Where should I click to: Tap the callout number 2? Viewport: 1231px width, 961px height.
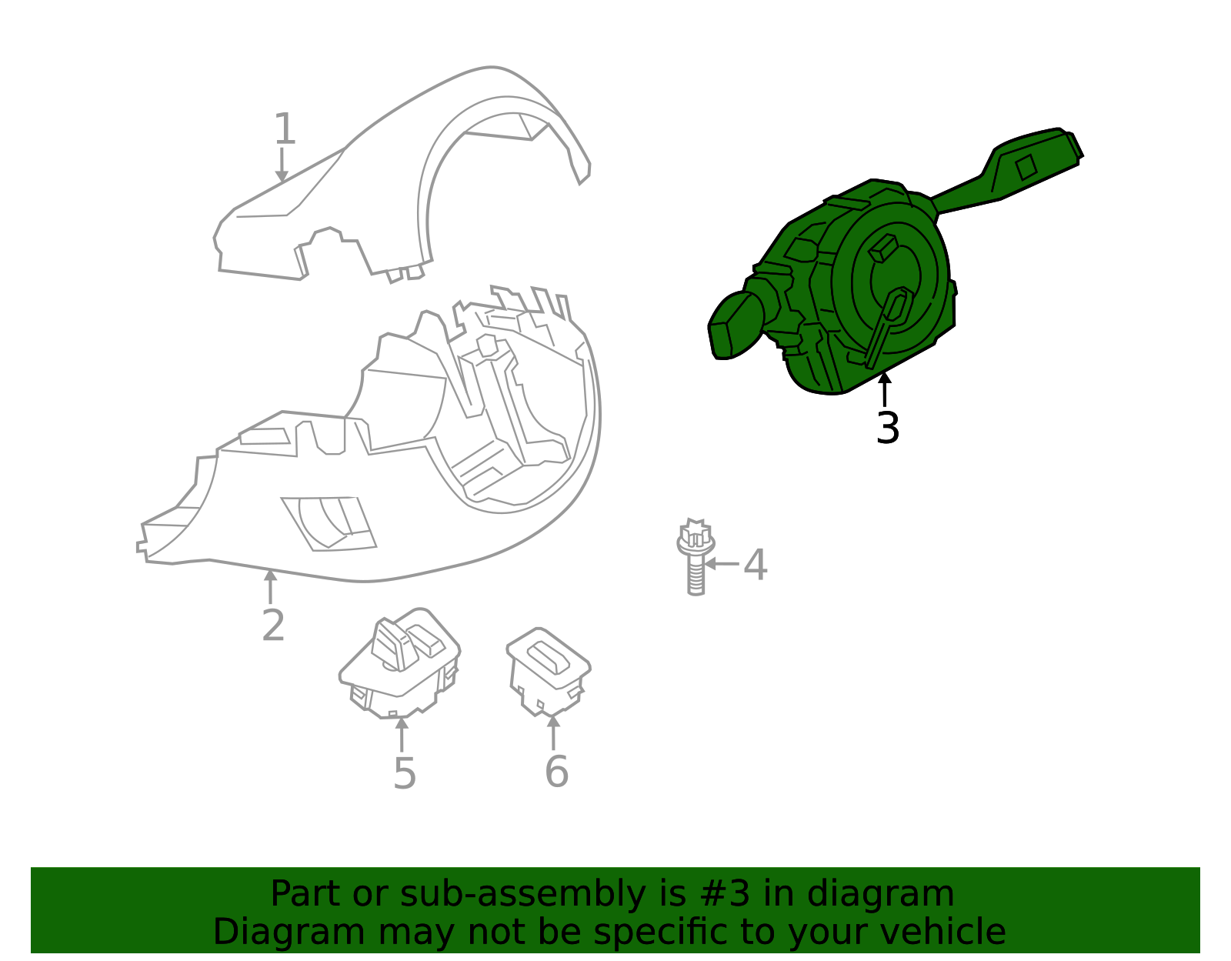click(273, 626)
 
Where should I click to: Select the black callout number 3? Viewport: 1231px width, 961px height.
click(887, 428)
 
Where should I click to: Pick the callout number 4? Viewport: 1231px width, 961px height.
click(756, 565)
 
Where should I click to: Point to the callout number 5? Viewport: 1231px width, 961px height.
click(405, 773)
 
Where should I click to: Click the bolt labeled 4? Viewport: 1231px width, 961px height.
click(696, 556)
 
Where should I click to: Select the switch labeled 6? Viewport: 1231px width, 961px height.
click(549, 671)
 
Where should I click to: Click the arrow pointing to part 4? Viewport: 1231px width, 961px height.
click(721, 564)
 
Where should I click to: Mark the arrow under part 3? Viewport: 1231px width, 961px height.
click(884, 390)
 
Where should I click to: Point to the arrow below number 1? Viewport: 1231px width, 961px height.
click(282, 165)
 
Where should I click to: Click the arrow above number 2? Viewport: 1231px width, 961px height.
click(270, 587)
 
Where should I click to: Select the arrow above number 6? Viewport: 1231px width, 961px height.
click(553, 732)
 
